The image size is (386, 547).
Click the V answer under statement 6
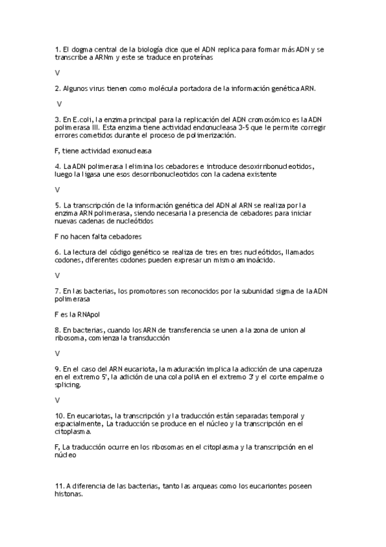pos(58,275)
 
